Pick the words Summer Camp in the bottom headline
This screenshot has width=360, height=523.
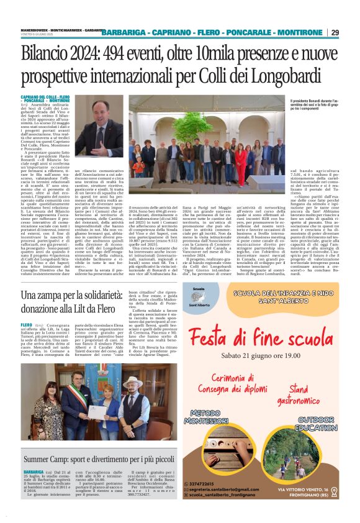click(49, 460)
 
